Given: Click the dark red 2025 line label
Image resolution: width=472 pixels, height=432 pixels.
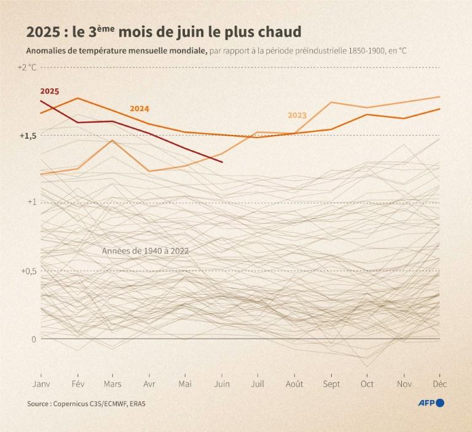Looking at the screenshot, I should tap(50, 91).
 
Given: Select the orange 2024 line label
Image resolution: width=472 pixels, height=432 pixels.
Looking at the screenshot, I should tap(140, 109).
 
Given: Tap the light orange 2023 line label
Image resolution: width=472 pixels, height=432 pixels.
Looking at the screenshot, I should tap(297, 115).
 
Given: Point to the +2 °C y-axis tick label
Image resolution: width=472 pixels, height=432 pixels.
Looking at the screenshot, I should tap(27, 67).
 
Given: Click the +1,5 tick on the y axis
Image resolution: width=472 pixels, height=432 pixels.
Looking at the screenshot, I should tap(27, 136).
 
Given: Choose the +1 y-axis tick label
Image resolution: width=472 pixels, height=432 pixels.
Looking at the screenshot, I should tap(31, 202).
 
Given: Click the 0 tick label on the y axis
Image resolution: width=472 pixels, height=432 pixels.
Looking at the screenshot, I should tap(34, 339).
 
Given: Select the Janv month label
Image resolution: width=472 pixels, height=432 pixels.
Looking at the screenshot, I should tap(41, 384).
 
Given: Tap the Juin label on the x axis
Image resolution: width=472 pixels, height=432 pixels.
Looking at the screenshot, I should tap(222, 384).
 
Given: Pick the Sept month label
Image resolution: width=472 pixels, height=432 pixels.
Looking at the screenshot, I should tap(331, 384).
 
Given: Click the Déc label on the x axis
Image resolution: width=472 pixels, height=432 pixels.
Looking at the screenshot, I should tap(440, 384).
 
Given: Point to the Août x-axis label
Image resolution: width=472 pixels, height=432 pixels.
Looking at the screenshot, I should tap(294, 384).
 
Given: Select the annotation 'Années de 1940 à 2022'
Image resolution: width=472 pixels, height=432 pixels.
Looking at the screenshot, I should tap(145, 251).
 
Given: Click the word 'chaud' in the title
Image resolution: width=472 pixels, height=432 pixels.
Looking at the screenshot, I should tap(281, 31).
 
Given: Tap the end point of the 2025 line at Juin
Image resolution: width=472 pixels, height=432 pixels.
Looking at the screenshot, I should tap(222, 162).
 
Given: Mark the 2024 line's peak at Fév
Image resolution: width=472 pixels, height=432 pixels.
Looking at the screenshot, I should tap(77, 98).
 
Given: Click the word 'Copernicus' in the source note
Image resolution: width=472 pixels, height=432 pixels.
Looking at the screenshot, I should tap(73, 404).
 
